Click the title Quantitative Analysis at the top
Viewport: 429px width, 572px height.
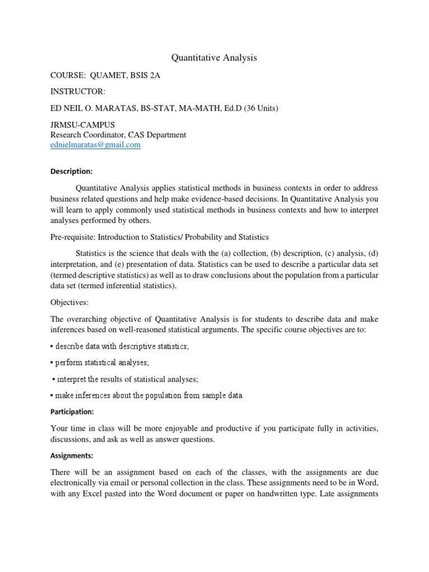pos(214,57)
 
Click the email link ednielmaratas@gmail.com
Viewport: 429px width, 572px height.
pos(96,145)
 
